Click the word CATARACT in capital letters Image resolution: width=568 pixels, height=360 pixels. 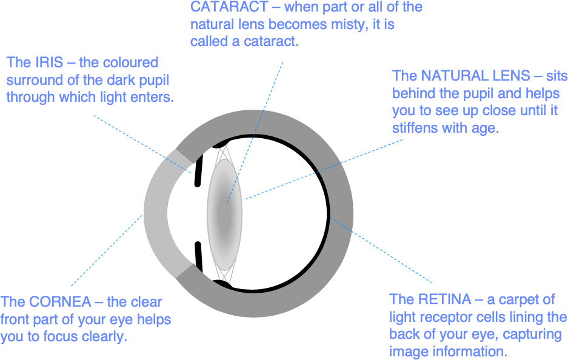point(229,7)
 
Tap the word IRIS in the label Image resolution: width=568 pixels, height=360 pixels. point(49,62)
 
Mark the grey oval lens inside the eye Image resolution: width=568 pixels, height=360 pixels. point(224,215)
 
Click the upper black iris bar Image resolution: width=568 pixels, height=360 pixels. point(198,169)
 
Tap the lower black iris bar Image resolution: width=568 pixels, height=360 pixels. point(198,257)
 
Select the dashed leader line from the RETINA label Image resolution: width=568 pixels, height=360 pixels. point(381,250)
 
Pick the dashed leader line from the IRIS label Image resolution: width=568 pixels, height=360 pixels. point(142,144)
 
